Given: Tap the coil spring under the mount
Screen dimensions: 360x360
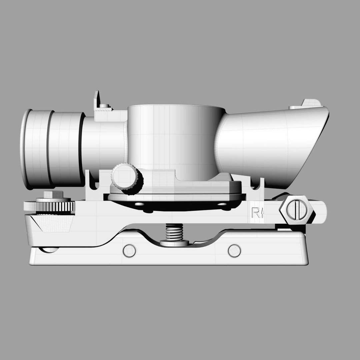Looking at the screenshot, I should (174, 232).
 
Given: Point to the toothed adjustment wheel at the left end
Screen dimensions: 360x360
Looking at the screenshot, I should (49, 206).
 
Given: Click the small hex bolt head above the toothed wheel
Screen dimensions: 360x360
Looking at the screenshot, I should (53, 195).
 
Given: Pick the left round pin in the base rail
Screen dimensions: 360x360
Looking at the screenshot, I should (129, 251).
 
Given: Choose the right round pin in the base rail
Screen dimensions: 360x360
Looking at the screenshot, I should (234, 251).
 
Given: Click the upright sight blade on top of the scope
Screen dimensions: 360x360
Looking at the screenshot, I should (97, 99).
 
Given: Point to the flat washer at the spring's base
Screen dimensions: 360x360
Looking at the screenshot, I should (174, 243).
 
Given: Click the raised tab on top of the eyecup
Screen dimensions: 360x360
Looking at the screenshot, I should (310, 103).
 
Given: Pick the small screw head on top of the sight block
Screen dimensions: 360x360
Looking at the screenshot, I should (104, 106).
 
